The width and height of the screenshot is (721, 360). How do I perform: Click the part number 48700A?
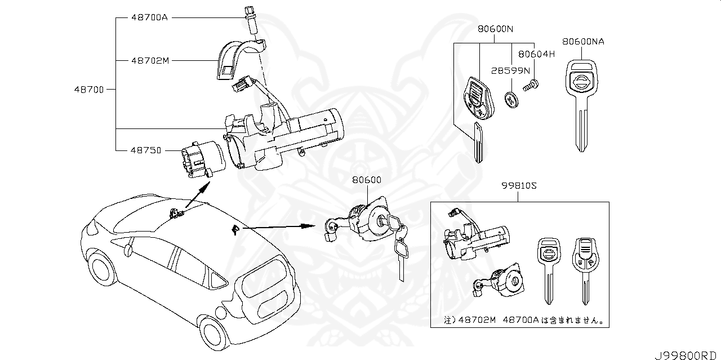coord(149,18)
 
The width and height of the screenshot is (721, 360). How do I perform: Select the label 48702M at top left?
coord(149,60)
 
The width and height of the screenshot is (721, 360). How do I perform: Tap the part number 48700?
coord(88,90)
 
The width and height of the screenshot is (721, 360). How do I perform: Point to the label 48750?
coord(146,151)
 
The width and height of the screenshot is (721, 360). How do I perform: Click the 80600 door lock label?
coord(367,180)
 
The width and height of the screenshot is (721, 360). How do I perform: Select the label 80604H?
coord(536,54)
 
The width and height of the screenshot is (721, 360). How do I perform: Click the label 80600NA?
coord(583,41)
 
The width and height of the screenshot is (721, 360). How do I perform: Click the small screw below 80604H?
coord(530,86)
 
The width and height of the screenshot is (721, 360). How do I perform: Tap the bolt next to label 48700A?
coord(250,16)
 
